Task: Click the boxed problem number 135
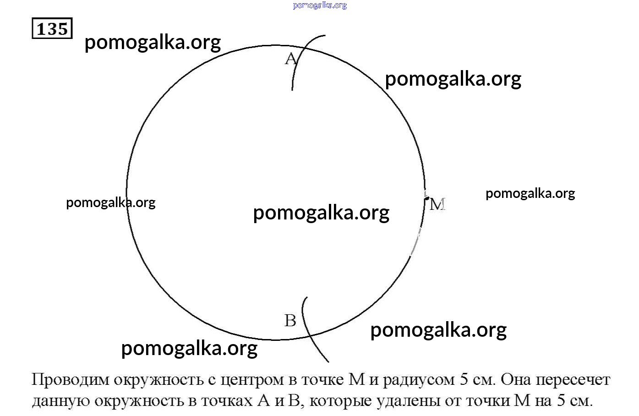[52, 28]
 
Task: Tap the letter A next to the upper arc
[291, 59]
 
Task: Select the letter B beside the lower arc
[290, 320]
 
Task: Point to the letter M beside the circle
[437, 204]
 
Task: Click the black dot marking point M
[426, 198]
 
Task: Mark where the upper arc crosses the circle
[302, 49]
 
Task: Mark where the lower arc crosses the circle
[310, 336]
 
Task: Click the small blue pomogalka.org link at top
[320, 5]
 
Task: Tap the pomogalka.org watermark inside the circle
[321, 213]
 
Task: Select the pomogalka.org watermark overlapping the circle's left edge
[111, 203]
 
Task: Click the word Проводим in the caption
[71, 380]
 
